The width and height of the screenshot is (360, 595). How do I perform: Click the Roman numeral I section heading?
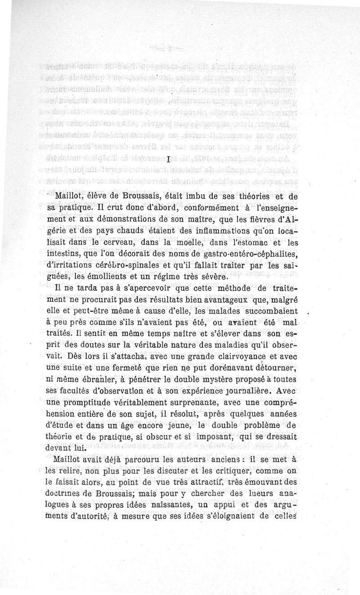pos(167,159)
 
